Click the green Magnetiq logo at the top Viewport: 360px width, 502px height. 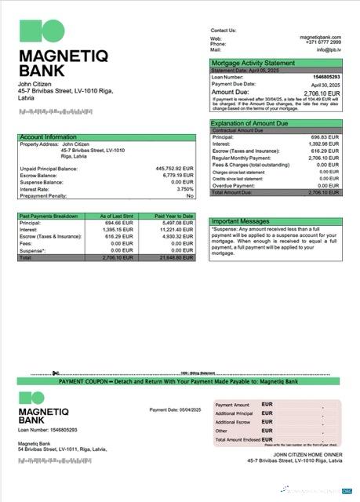[42, 31]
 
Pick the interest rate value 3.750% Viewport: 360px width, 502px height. [184, 188]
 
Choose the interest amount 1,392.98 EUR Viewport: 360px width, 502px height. [323, 144]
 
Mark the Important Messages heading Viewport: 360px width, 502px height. [239, 221]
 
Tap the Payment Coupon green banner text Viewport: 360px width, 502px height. [179, 381]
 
